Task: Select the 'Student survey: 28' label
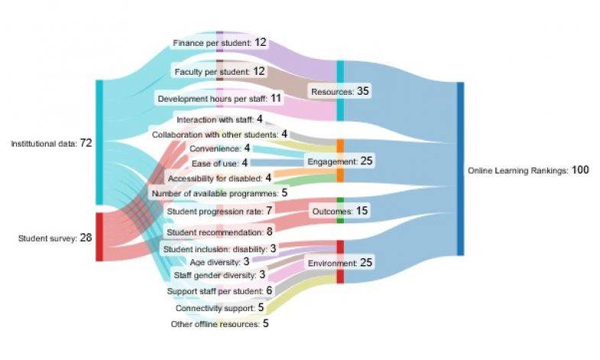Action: click(54, 238)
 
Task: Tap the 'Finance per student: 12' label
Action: click(219, 42)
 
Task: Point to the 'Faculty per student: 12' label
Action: click(219, 71)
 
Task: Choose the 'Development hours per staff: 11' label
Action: click(219, 99)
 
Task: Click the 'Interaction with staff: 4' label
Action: click(219, 119)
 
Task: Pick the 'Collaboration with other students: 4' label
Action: click(219, 134)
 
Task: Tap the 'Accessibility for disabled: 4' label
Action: click(219, 177)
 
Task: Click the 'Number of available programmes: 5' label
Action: click(219, 193)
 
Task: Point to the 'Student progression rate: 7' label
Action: click(219, 209)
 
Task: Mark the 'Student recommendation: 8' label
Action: click(219, 230)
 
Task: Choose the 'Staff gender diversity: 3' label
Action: click(219, 274)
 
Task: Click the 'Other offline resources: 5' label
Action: click(219, 323)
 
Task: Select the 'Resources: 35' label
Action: click(340, 91)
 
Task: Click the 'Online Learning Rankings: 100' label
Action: click(527, 170)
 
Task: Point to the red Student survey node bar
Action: click(99, 237)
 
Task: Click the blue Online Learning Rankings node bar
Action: click(460, 169)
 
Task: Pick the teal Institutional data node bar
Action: click(99, 142)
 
